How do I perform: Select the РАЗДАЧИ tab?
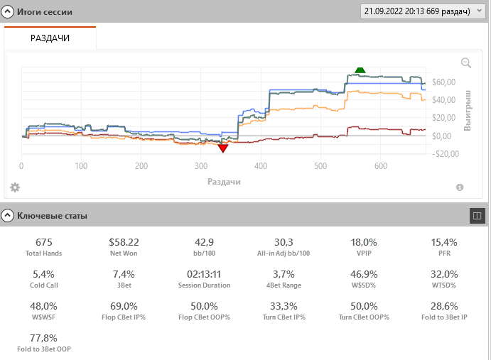pyautogui.click(x=50, y=38)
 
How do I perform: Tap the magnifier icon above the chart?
pyautogui.click(x=466, y=63)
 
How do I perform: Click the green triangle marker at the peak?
pyautogui.click(x=360, y=70)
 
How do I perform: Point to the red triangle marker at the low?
pyautogui.click(x=223, y=148)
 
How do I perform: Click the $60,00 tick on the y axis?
pyautogui.click(x=445, y=82)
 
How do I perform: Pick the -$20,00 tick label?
pyautogui.click(x=445, y=153)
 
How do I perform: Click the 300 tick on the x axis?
pyautogui.click(x=202, y=166)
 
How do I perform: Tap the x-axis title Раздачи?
pyautogui.click(x=224, y=182)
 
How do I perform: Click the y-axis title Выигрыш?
pyautogui.click(x=468, y=110)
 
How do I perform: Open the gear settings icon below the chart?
pyautogui.click(x=15, y=187)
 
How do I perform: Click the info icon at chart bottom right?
pyautogui.click(x=460, y=187)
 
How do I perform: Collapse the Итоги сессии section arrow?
pyautogui.click(x=8, y=13)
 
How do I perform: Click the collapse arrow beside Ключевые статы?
pyautogui.click(x=8, y=215)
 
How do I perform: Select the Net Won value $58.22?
pyautogui.click(x=124, y=242)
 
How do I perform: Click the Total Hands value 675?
pyautogui.click(x=43, y=242)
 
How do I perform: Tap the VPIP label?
pyautogui.click(x=364, y=253)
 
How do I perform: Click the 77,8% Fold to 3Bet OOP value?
pyautogui.click(x=43, y=338)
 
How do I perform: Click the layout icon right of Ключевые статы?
pyautogui.click(x=477, y=214)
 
